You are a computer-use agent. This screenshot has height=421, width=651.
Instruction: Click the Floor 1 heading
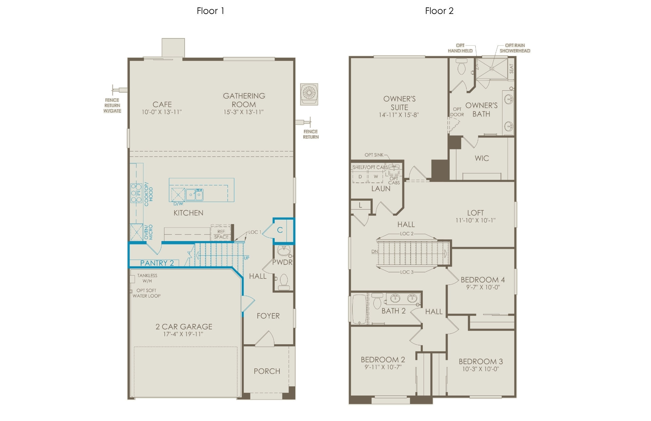click(x=210, y=11)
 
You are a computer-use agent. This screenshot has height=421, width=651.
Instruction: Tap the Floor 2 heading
click(x=439, y=11)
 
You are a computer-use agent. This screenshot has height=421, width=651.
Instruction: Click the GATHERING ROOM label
click(x=244, y=100)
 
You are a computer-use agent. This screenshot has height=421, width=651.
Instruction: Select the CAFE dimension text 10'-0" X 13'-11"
click(x=162, y=112)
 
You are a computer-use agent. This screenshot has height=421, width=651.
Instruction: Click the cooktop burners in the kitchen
click(x=136, y=193)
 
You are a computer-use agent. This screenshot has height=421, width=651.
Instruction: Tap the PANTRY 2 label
click(x=157, y=263)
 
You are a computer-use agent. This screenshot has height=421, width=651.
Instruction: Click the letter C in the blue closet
click(x=280, y=230)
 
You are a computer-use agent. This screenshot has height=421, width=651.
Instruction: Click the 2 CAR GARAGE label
click(x=184, y=327)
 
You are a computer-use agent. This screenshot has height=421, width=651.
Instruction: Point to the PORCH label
click(x=267, y=371)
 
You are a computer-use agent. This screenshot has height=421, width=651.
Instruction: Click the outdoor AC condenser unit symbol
click(x=309, y=94)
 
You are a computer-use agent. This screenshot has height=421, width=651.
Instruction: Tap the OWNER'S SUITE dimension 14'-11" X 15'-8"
click(x=399, y=115)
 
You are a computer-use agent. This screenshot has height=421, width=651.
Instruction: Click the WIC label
click(x=482, y=158)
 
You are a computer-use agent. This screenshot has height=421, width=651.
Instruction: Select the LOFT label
click(x=475, y=213)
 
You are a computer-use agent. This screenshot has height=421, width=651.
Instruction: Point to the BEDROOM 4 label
click(x=483, y=280)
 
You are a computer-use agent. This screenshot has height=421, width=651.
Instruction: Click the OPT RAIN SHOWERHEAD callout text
click(x=515, y=48)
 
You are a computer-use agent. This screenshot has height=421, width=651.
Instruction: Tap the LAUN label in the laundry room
click(x=381, y=189)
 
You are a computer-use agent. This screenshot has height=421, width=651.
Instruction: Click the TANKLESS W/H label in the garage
click(x=147, y=278)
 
